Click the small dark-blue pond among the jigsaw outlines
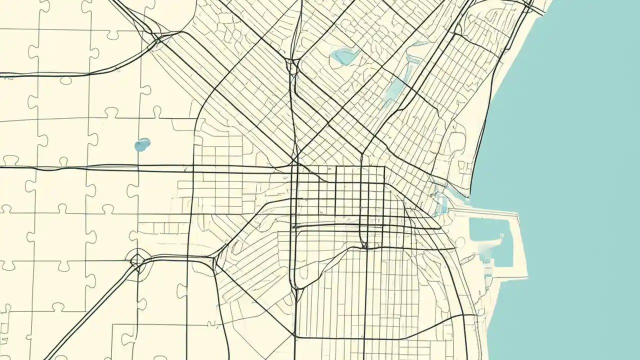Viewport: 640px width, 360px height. point(142,145)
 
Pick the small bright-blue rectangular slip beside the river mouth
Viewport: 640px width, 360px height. point(442,204)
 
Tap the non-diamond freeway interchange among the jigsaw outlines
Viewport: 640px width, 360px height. point(158,38)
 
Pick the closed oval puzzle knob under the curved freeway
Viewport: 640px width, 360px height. point(65,80)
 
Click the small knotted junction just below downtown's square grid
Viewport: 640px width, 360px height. point(365,245)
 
